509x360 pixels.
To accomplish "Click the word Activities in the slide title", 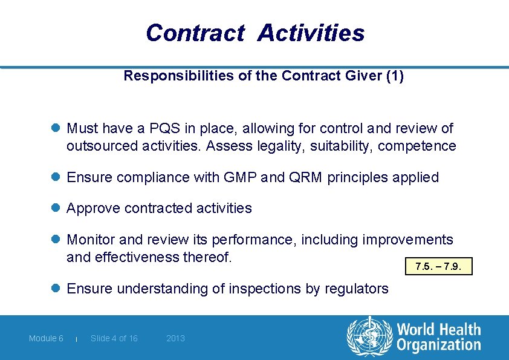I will pyautogui.click(x=311, y=33).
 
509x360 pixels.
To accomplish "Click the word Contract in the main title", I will pyautogui.click(x=195, y=33).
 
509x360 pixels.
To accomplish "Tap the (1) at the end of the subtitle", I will pyautogui.click(x=395, y=76).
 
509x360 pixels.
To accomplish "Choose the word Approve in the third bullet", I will pyautogui.click(x=93, y=208).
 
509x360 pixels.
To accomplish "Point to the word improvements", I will pyautogui.click(x=407, y=240).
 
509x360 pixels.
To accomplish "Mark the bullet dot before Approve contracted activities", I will pyautogui.click(x=56, y=208).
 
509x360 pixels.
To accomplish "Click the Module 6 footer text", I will pyautogui.click(x=46, y=338).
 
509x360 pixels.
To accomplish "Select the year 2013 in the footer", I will pyautogui.click(x=175, y=338).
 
